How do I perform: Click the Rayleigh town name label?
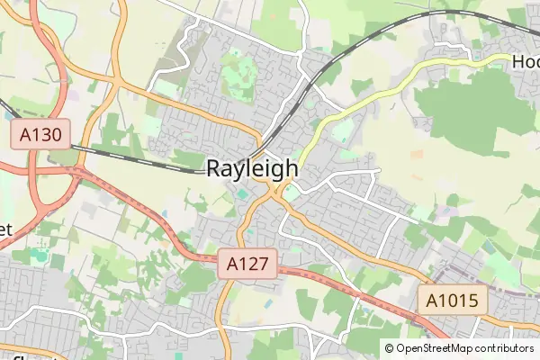(253, 167)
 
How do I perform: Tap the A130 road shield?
(40, 136)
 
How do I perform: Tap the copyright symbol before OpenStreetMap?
(389, 348)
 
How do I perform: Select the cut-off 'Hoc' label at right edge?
(525, 62)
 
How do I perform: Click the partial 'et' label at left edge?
(4, 229)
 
